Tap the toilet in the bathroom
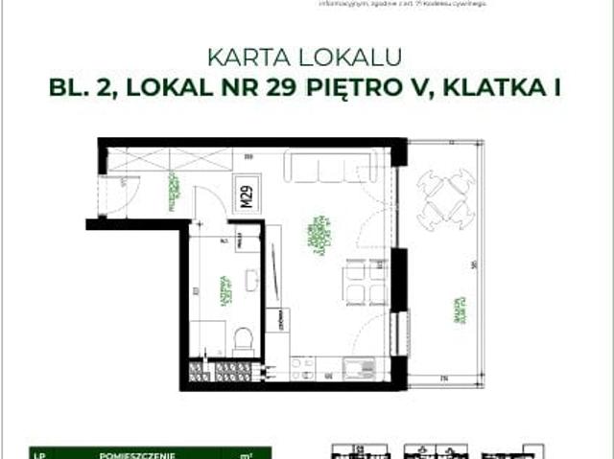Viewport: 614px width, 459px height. click(x=244, y=338)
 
